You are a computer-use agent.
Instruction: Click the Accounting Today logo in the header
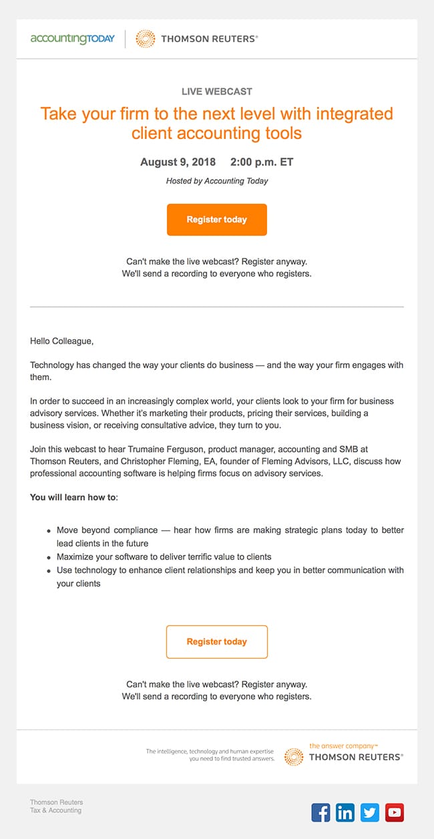pos(72,39)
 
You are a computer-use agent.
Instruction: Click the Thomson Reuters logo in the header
pos(197,39)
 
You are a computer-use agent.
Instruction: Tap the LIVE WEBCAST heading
pos(217,92)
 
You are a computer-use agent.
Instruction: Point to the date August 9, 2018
pos(178,162)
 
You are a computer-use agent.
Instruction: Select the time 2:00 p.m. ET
pos(262,162)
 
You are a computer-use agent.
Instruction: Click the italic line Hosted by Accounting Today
pos(217,181)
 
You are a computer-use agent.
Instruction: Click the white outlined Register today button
pos(217,642)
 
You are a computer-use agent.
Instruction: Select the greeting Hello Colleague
pos(62,341)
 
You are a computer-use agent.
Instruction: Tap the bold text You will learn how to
pos(73,498)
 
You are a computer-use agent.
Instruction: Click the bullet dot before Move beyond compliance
pos(49,531)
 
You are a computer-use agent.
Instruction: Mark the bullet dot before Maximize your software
pos(49,557)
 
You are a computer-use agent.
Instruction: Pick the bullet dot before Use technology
pos(49,570)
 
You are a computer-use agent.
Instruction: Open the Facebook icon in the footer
pos(321,812)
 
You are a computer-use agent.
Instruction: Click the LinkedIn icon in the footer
pos(345,812)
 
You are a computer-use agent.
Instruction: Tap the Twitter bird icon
pos(370,812)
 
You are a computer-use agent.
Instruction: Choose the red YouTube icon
pos(395,812)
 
